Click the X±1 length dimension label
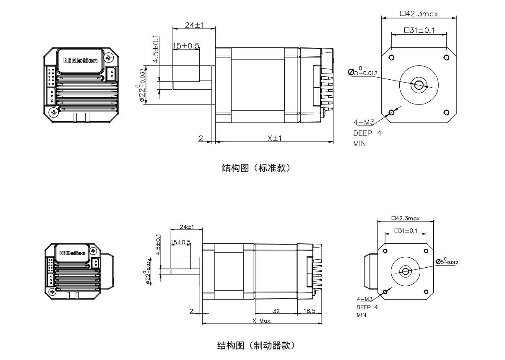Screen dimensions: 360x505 point(274,138)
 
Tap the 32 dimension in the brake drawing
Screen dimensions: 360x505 point(276,311)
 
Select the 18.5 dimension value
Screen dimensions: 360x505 point(309,311)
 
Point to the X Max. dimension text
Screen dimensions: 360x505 point(262,321)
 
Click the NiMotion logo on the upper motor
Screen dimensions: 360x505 point(81,60)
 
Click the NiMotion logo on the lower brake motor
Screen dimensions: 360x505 point(72,253)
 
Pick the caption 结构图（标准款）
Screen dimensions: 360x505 point(256,168)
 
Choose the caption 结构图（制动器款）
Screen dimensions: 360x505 point(256,346)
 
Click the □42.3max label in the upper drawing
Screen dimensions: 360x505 point(419,14)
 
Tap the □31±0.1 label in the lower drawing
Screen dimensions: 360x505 point(406,230)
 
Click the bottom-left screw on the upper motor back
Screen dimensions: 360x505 point(53,112)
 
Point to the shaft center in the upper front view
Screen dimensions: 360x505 point(418,85)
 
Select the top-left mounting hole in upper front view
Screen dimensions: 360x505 point(391,57)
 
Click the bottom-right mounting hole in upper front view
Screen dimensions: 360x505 point(446,112)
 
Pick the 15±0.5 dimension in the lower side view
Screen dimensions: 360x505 point(181,242)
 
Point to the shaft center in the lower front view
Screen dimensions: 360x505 point(406,271)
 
